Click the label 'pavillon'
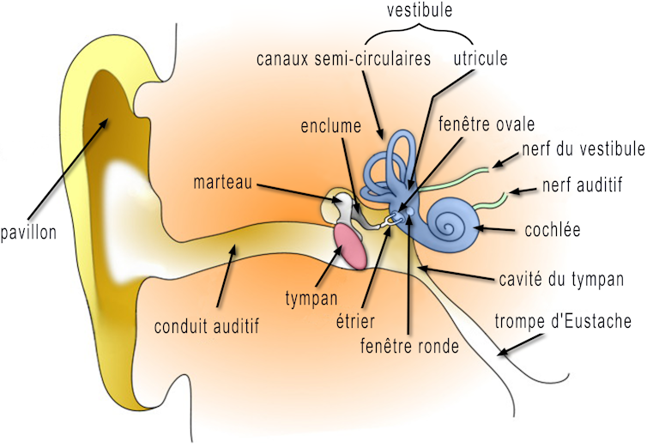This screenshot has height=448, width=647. pyautogui.click(x=28, y=232)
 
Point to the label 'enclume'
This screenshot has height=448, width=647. pyautogui.click(x=330, y=125)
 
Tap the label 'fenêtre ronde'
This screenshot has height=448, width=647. pyautogui.click(x=409, y=347)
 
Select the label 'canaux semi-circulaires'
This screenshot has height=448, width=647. pyautogui.click(x=343, y=59)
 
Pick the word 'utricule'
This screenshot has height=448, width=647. pyautogui.click(x=481, y=59)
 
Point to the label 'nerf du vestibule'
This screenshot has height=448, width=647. pyautogui.click(x=583, y=149)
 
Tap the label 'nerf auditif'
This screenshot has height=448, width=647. pyautogui.click(x=583, y=184)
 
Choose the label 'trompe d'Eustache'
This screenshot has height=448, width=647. pyautogui.click(x=564, y=322)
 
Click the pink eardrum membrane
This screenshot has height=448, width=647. pyautogui.click(x=349, y=244)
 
